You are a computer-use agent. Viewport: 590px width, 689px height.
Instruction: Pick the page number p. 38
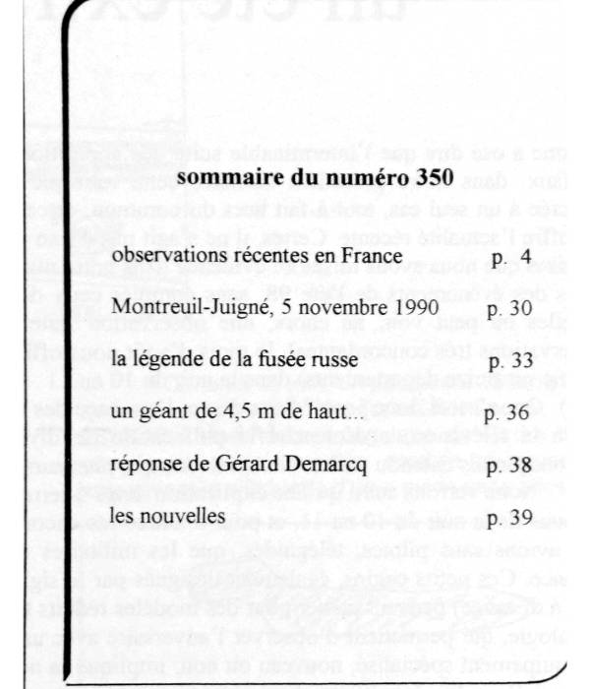(x=506, y=465)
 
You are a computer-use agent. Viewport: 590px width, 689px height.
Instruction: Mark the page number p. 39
(x=506, y=517)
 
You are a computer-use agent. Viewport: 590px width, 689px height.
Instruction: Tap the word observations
(x=163, y=257)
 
